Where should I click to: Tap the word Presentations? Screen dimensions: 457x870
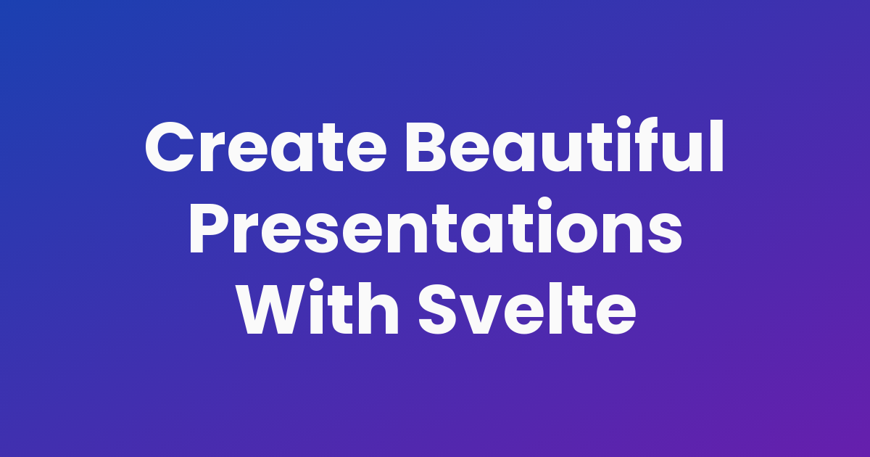click(x=435, y=228)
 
